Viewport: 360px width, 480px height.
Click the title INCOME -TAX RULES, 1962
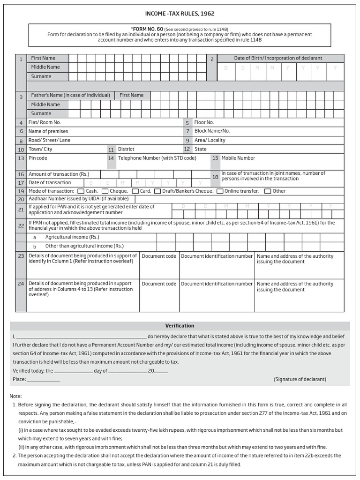180,14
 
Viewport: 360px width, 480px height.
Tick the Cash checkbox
81,191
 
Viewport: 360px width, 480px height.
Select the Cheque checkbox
105,191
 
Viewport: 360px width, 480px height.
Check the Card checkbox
135,191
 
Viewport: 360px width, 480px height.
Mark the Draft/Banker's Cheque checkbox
158,191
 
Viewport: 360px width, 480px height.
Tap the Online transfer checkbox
219,191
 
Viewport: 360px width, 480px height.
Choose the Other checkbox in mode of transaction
268,191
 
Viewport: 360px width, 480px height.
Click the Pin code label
38,158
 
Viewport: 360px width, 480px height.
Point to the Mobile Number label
238,158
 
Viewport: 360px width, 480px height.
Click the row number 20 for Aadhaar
21,199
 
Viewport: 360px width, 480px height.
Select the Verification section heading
180,326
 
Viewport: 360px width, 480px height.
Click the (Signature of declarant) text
300,379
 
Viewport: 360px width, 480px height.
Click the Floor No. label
204,122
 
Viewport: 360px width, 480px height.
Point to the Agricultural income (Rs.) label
72,237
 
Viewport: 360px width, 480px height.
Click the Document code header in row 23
159,256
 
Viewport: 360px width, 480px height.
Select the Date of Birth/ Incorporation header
278,58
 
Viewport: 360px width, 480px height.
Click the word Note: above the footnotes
15,396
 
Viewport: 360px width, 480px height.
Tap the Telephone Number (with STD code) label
157,158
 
